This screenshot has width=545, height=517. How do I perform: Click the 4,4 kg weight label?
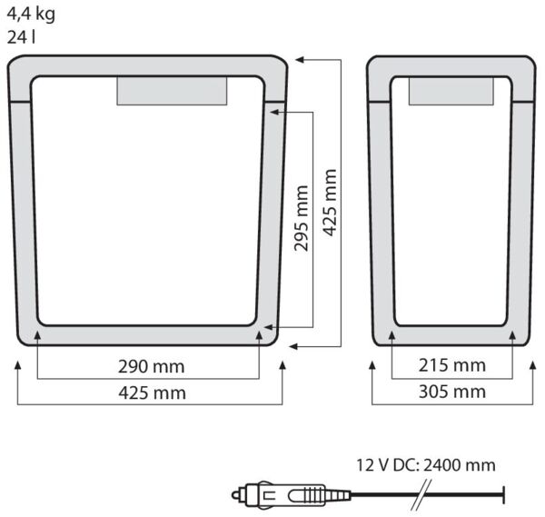(x=31, y=15)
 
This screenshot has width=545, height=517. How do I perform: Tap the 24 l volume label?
(x=21, y=37)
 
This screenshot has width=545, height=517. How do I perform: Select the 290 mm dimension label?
(x=151, y=367)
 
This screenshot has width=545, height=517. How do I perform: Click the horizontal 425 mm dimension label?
(x=153, y=393)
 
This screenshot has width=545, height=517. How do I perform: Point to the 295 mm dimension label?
(x=302, y=218)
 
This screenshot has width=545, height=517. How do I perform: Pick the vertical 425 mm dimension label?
(x=330, y=203)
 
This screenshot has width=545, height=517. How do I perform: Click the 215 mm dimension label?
(x=451, y=365)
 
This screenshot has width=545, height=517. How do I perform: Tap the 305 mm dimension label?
(x=452, y=392)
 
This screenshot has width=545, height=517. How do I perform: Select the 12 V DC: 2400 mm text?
(x=426, y=465)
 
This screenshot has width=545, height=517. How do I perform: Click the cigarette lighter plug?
(x=292, y=494)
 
